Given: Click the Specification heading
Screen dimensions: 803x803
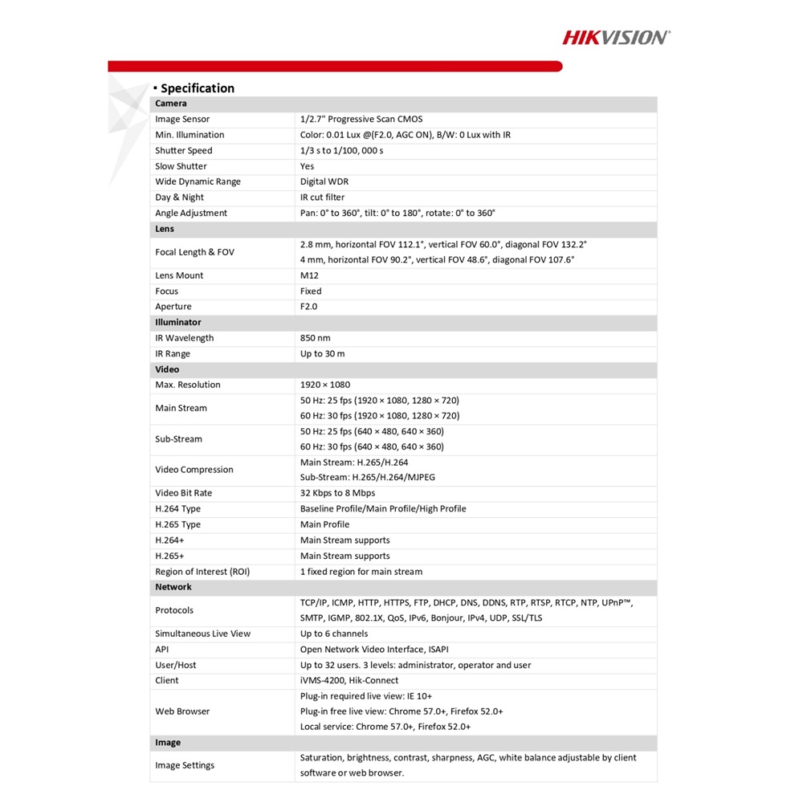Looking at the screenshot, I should pos(197,88).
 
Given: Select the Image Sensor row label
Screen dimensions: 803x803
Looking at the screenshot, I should pos(182,119).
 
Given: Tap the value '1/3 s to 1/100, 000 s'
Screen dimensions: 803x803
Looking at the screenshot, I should pos(341,150).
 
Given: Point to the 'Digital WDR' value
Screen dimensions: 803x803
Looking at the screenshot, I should pos(324,181).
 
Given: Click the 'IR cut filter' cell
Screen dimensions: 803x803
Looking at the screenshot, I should pos(322,197).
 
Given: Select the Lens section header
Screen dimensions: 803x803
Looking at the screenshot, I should pos(165,229).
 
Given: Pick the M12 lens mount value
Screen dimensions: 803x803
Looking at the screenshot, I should pos(309,275).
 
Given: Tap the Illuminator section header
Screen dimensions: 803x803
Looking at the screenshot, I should pos(178,322).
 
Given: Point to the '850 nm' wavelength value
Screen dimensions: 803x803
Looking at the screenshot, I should pos(315,338).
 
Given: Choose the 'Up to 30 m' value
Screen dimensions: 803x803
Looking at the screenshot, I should pos(322,353).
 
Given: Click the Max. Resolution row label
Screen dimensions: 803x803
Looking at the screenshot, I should pos(187,385).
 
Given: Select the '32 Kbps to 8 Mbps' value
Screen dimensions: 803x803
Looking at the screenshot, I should pos(337,493).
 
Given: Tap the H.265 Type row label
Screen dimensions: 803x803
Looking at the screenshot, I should pos(178,524).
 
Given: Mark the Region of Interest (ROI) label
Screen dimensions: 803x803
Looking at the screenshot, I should pos(202,572).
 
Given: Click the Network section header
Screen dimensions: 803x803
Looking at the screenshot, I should pos(173,587).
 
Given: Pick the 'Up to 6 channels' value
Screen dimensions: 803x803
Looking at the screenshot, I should pos(334,634).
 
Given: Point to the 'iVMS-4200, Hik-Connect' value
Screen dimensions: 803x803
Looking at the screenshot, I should pos(347,680).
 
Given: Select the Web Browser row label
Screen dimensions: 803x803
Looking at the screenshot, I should pos(182,711).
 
